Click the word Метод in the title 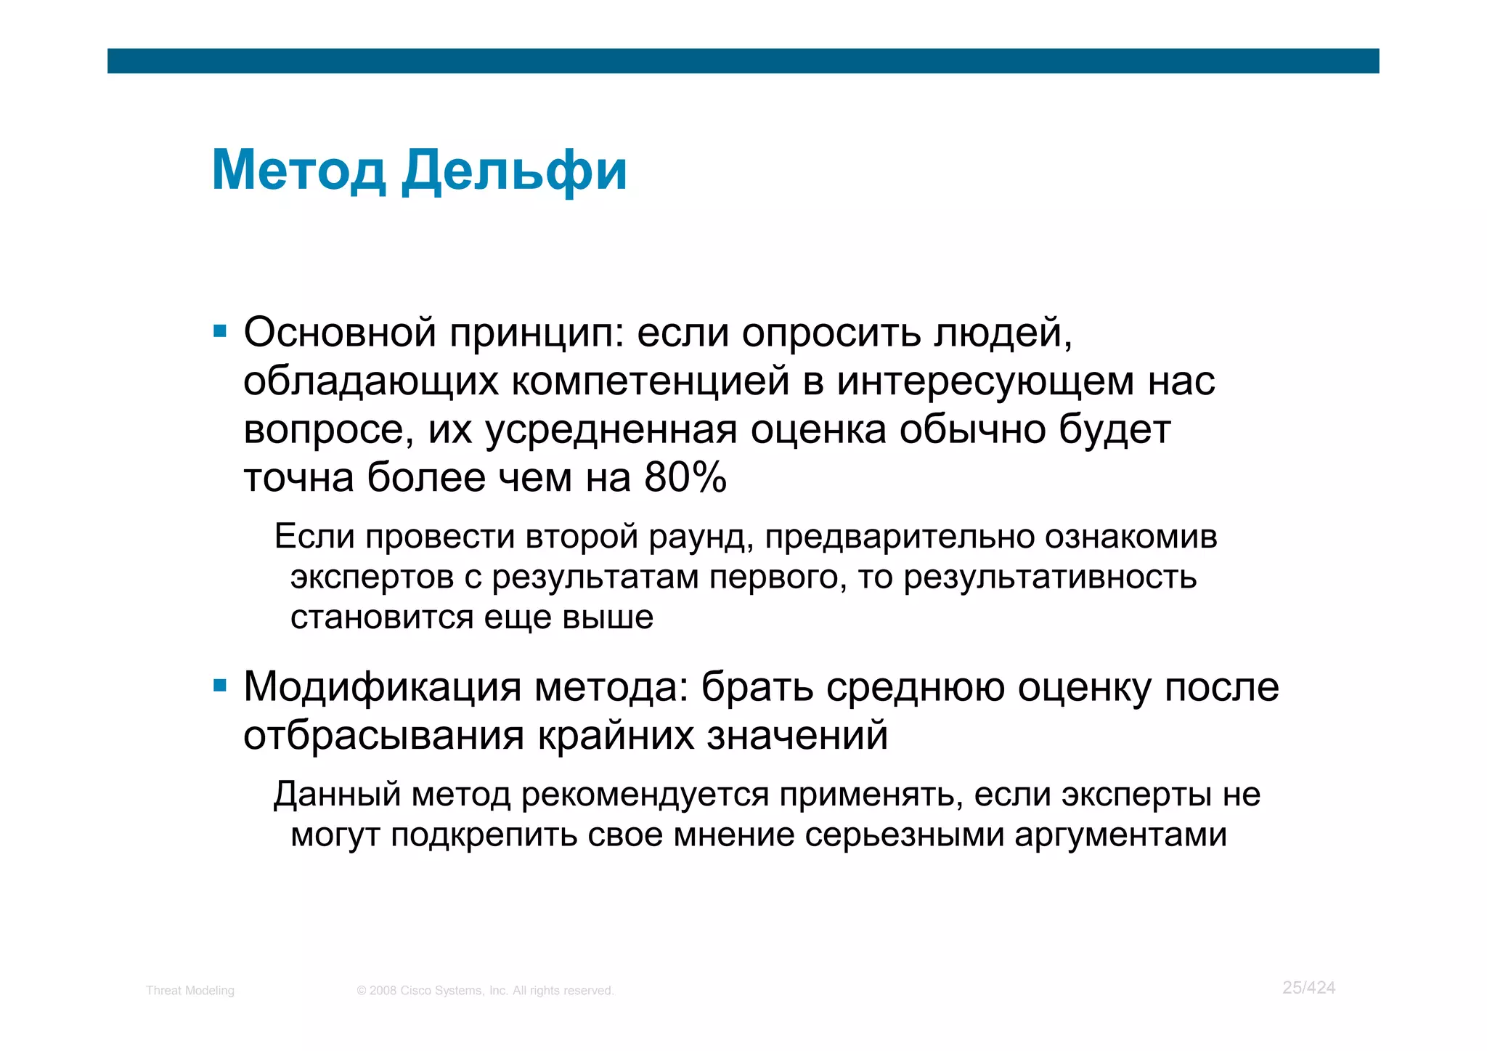tap(298, 171)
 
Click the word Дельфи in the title tap(514, 171)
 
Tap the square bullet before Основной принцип tap(220, 333)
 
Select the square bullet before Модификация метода tap(220, 686)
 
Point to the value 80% tap(685, 478)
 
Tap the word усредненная tap(611, 430)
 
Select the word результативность tap(1050, 577)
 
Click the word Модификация tap(382, 687)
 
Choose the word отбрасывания tap(383, 736)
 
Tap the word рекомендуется tap(645, 795)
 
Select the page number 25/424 tap(1308, 988)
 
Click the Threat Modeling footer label tap(190, 991)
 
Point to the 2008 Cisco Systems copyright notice tap(485, 991)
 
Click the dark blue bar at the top tap(743, 61)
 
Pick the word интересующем tap(985, 382)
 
